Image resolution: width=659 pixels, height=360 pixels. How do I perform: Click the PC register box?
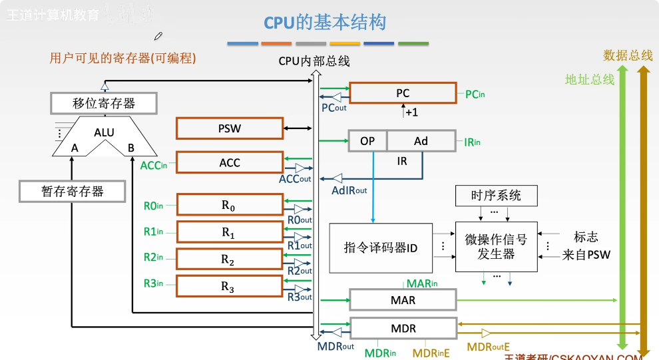click(403, 93)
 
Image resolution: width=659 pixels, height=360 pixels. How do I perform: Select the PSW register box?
click(230, 128)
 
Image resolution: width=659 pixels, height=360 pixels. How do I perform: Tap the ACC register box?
click(230, 162)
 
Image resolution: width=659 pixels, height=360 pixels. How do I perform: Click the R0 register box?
click(230, 206)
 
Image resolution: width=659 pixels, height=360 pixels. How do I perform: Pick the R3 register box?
click(230, 286)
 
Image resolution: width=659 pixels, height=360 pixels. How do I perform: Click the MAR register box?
click(403, 299)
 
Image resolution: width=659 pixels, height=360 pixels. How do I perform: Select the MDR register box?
click(403, 329)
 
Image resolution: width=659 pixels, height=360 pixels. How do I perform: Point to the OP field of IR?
click(367, 141)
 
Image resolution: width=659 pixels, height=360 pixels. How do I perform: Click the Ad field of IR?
click(421, 141)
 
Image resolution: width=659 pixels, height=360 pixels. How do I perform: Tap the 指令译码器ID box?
click(381, 248)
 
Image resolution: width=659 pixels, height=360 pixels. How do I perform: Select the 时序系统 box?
click(496, 196)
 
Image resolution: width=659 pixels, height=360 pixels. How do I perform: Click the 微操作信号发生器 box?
click(496, 246)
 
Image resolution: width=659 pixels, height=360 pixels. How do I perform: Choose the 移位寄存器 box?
click(104, 103)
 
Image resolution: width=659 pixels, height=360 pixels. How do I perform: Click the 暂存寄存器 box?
click(73, 192)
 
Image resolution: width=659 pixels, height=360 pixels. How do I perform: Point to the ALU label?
click(104, 132)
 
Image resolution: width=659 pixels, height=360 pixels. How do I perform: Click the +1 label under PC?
click(411, 112)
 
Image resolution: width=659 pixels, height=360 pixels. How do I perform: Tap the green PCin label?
click(475, 94)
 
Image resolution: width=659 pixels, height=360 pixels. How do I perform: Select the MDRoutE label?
click(488, 347)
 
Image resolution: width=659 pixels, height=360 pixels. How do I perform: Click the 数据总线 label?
click(628, 55)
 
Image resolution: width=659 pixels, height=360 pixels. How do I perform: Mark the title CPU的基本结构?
click(325, 23)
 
